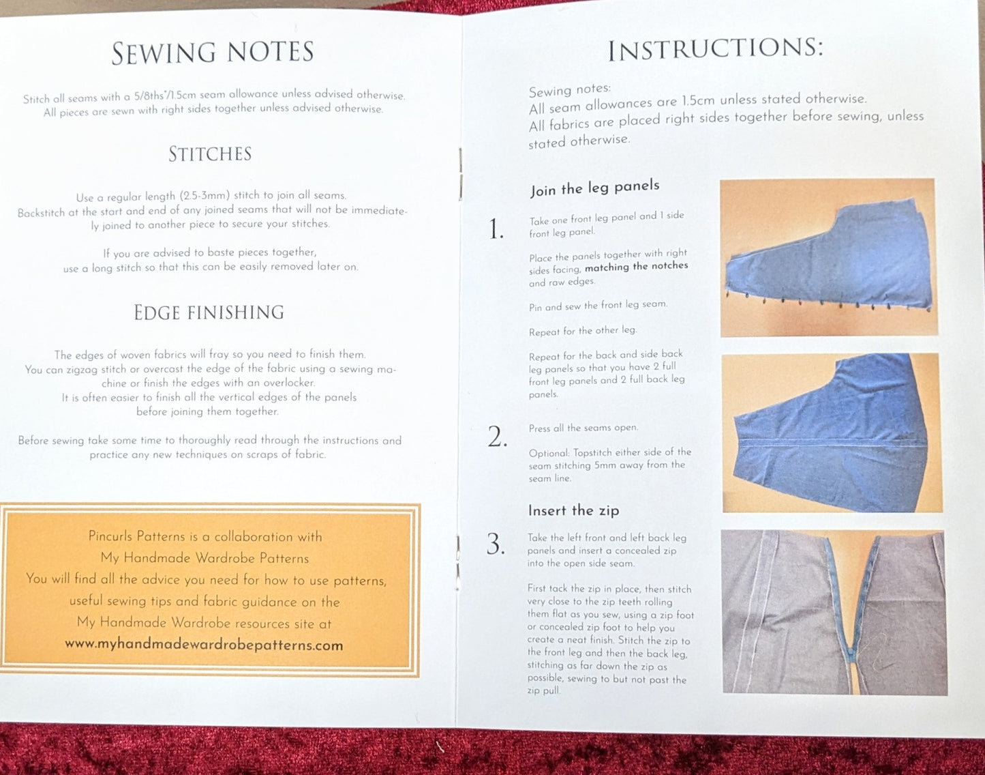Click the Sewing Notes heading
[x=213, y=52]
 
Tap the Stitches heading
[x=210, y=154]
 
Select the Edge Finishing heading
[x=209, y=312]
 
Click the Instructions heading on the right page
[x=716, y=50]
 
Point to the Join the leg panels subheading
[x=594, y=188]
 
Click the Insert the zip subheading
[x=573, y=510]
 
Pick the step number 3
[x=496, y=544]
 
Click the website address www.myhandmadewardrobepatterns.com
[x=204, y=645]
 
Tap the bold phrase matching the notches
[x=637, y=267]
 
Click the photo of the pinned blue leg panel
[x=828, y=257]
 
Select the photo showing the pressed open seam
[x=832, y=433]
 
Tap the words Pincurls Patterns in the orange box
[x=134, y=536]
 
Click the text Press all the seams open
[x=583, y=428]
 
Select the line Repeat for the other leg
[x=583, y=331]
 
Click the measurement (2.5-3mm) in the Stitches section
[x=204, y=196]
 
